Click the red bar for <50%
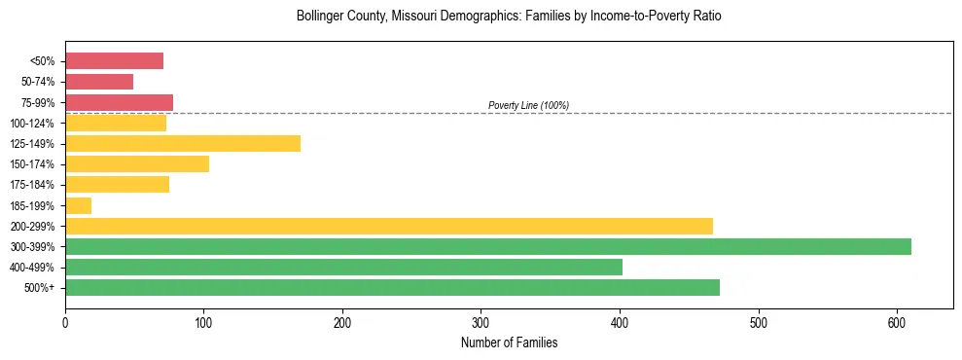pyautogui.click(x=114, y=61)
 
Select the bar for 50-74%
pyautogui.click(x=99, y=82)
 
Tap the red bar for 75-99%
pyautogui.click(x=119, y=102)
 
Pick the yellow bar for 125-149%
pyautogui.click(x=183, y=144)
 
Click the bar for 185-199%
pyautogui.click(x=78, y=205)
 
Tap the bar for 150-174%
pyautogui.click(x=137, y=164)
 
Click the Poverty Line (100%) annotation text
pyautogui.click(x=528, y=105)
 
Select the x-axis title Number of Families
pyautogui.click(x=509, y=342)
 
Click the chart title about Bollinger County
pyautogui.click(x=509, y=17)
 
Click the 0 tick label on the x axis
pyautogui.click(x=65, y=321)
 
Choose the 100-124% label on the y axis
pyautogui.click(x=32, y=124)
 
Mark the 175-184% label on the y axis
pyautogui.click(x=32, y=185)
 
